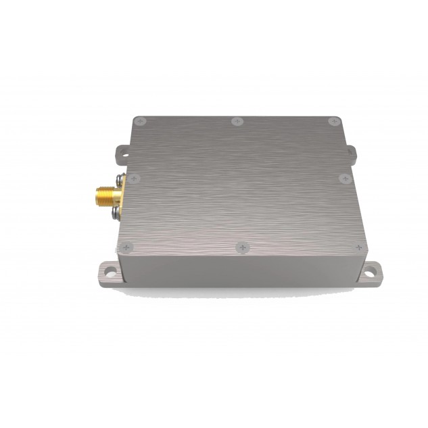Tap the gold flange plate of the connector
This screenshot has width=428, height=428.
click(x=117, y=197)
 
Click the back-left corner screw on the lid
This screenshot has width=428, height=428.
click(x=140, y=121)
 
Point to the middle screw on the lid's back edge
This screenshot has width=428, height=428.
click(x=236, y=122)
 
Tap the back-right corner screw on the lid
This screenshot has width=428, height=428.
click(x=333, y=122)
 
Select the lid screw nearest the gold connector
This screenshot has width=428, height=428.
click(x=134, y=179)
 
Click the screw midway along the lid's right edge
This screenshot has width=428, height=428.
click(x=344, y=179)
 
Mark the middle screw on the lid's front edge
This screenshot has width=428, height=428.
click(x=243, y=248)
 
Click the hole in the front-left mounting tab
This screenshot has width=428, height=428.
click(x=105, y=274)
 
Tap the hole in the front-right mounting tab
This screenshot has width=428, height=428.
click(x=370, y=274)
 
